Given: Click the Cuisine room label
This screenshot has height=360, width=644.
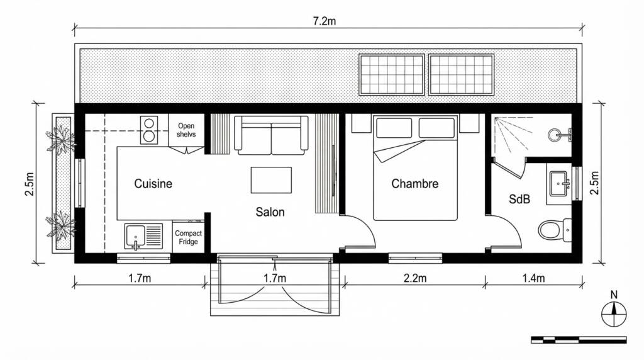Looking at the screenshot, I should (x=153, y=184).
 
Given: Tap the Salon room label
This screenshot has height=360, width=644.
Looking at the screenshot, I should (x=270, y=212).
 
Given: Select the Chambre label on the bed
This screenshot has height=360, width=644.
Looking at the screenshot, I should (x=414, y=184).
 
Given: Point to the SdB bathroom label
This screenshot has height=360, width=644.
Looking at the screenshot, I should (x=519, y=200).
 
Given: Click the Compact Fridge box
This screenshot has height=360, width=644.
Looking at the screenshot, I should (x=188, y=237).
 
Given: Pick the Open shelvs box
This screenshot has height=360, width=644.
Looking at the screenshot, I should (x=186, y=130).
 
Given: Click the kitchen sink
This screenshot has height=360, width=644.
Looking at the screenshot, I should (x=135, y=237).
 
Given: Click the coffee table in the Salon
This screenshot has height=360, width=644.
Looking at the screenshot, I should (x=271, y=180).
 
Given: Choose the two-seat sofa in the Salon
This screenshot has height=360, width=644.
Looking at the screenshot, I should (x=271, y=135).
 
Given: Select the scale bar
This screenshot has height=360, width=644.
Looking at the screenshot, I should (x=579, y=340).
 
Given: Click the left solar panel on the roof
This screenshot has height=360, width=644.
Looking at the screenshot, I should (x=392, y=74).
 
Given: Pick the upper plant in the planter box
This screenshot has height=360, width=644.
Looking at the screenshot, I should (x=62, y=140).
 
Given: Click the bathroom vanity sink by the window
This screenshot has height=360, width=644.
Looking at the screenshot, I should (x=559, y=184).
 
